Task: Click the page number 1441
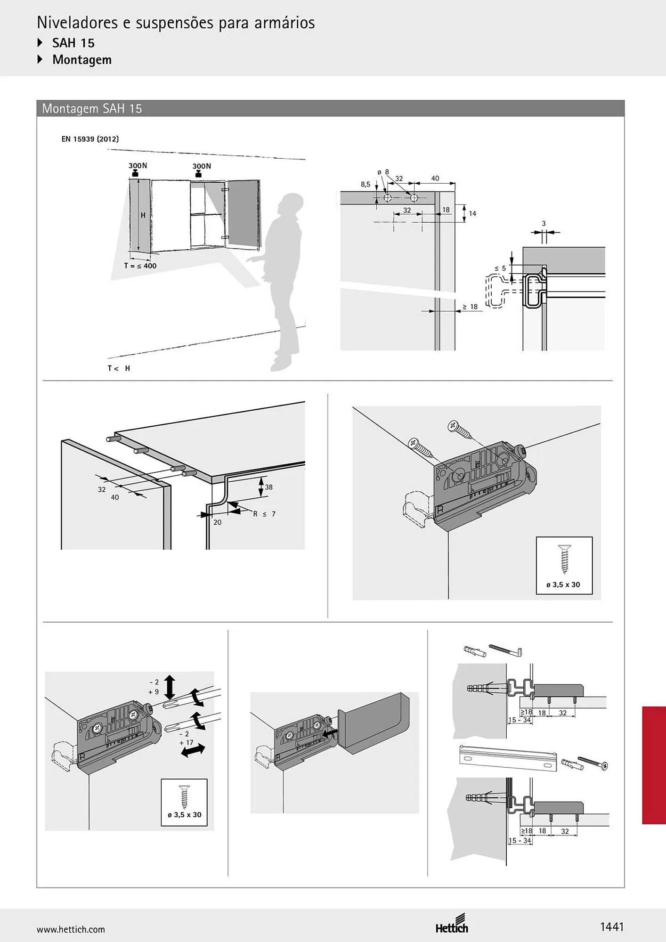click(612, 927)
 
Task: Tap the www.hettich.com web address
click(71, 929)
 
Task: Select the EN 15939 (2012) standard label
click(90, 139)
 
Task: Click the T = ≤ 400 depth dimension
click(140, 266)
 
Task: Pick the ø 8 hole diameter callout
click(383, 172)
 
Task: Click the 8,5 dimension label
click(365, 185)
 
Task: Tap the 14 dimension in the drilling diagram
click(472, 213)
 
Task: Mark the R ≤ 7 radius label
click(264, 514)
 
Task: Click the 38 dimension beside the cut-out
click(268, 487)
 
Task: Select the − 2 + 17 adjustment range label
click(186, 738)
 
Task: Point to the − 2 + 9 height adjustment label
click(154, 687)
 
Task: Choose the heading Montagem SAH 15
click(92, 108)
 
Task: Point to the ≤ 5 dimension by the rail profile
click(500, 268)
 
